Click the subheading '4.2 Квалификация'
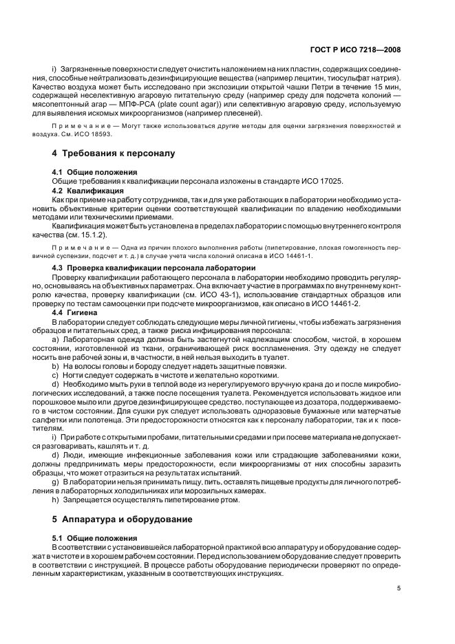[88, 189]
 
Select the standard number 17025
[304, 180]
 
